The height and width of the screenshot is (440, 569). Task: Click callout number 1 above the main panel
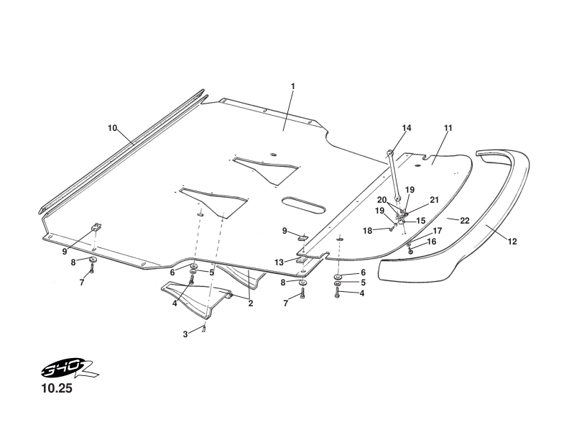click(x=292, y=86)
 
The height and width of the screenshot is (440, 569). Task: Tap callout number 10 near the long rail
click(x=113, y=128)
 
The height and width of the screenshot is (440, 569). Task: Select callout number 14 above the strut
click(x=407, y=128)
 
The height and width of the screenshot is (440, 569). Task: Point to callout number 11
click(x=448, y=128)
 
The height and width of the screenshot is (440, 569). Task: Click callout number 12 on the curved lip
click(x=512, y=242)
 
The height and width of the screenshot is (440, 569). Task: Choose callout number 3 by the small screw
click(x=185, y=334)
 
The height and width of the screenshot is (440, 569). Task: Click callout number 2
click(x=251, y=303)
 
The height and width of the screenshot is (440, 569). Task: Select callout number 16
click(x=432, y=242)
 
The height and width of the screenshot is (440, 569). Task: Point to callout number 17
click(x=437, y=231)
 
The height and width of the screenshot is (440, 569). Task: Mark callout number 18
click(x=368, y=230)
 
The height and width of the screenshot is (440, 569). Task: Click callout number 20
click(x=382, y=200)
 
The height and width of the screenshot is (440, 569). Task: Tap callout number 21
click(x=434, y=199)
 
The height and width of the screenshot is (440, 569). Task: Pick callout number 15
click(x=421, y=221)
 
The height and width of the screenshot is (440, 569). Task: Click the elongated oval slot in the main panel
click(x=302, y=205)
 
